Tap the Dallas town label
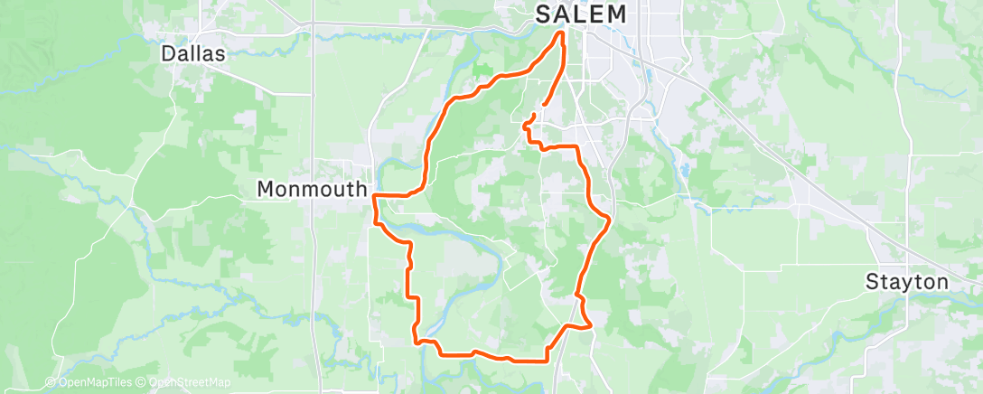192,53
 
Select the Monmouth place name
313,189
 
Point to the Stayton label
906,282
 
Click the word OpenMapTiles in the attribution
93,382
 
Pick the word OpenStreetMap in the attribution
192,382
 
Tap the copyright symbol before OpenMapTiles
51,382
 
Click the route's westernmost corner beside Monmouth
373,195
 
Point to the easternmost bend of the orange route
611,219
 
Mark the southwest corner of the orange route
417,341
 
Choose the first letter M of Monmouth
266,189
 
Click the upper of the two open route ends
533,114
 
